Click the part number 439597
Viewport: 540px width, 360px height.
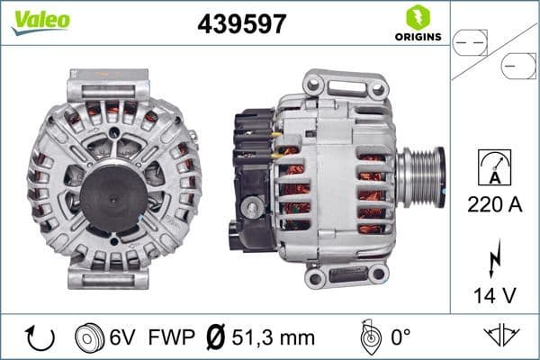coord(241,25)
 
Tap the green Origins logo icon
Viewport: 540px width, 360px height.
coord(417,16)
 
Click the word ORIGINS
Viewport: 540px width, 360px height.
coord(417,37)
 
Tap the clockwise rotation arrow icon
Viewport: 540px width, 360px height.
coord(40,337)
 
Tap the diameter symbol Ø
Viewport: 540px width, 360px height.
coord(214,337)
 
